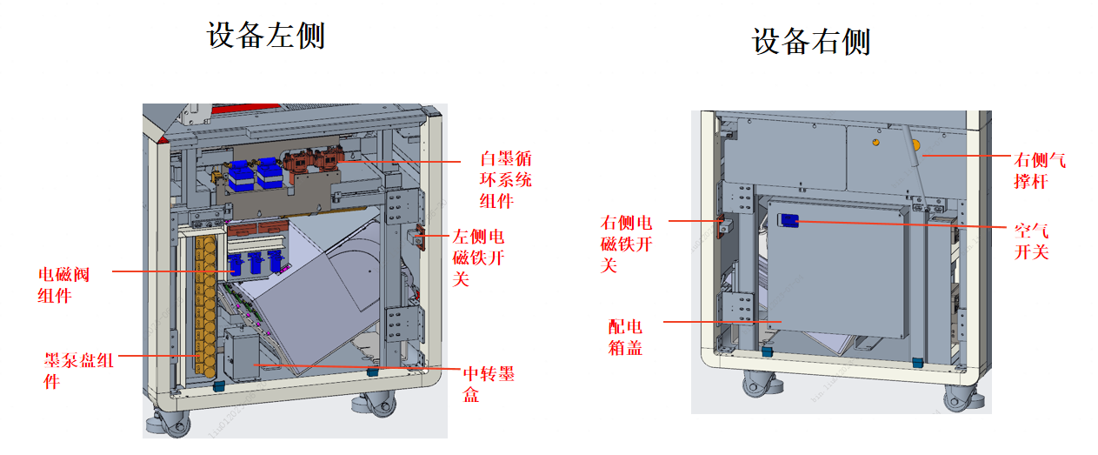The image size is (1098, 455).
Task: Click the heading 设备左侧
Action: coord(265,36)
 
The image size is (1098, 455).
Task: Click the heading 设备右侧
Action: coord(810,41)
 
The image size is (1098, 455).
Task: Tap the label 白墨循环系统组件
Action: coord(505,179)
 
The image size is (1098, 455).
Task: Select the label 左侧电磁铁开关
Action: coord(477,258)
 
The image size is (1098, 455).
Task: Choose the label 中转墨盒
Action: coord(488,384)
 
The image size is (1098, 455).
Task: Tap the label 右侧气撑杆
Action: coord(1039,171)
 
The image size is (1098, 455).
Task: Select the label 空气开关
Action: coord(1031,241)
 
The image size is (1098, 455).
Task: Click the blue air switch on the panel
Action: coord(789,221)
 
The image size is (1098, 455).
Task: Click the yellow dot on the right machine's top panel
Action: coord(875,141)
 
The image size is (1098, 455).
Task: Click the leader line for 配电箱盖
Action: coord(722,322)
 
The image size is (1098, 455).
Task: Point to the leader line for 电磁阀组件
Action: coord(165,271)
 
